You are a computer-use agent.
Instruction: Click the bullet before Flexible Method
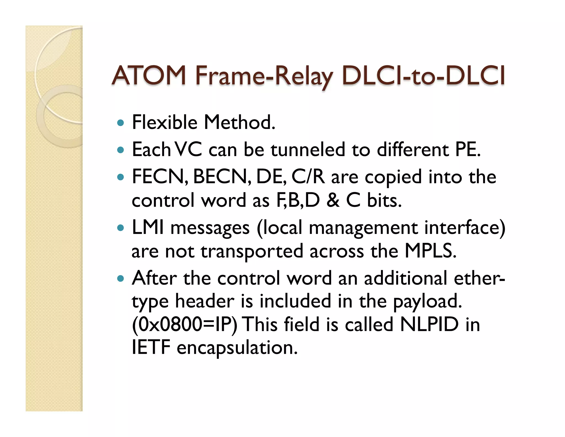click(x=121, y=123)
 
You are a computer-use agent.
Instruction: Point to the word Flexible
click(x=165, y=122)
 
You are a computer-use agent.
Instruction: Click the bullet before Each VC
click(x=121, y=150)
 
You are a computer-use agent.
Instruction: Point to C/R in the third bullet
click(x=308, y=177)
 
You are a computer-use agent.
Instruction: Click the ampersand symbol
click(x=333, y=200)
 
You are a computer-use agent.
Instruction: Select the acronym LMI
click(x=148, y=227)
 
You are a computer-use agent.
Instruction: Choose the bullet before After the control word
click(x=121, y=278)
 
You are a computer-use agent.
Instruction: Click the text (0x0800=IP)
click(x=184, y=324)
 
